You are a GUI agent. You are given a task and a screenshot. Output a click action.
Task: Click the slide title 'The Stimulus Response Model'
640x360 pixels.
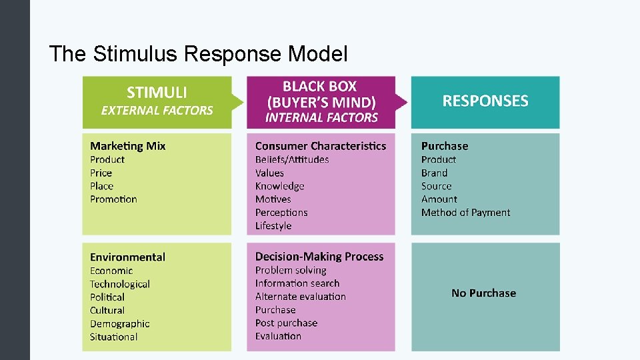pos(199,53)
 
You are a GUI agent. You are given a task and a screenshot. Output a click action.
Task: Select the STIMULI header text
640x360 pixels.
pos(157,93)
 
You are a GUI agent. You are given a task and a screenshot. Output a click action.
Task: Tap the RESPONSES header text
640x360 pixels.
pos(485,101)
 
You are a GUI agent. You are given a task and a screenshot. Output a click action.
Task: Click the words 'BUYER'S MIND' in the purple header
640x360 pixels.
pos(321,103)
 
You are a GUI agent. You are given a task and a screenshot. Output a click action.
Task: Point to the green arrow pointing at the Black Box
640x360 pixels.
pos(238,102)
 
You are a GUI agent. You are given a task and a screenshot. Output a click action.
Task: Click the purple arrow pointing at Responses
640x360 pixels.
pos(401,102)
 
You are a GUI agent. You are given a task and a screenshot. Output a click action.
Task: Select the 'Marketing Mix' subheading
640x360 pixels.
pos(127,146)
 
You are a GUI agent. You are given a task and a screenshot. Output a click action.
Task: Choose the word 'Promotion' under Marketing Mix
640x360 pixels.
pos(113,199)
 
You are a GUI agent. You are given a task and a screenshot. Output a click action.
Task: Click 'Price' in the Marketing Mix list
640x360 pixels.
pos(101,173)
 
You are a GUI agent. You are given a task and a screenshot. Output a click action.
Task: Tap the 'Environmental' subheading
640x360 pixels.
pos(127,257)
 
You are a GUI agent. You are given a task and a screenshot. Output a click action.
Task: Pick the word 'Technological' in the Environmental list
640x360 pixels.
pos(120,284)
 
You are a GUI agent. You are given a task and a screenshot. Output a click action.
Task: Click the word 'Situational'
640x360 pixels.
pos(113,337)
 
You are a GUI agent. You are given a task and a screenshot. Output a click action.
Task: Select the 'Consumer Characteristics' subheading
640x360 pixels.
pos(320,146)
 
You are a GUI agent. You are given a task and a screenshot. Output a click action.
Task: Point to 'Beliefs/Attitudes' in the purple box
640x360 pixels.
pos(291,159)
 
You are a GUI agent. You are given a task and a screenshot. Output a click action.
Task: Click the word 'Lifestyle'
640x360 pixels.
pos(273,226)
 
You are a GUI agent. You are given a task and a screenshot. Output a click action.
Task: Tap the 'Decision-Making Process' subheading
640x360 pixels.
pos(319,257)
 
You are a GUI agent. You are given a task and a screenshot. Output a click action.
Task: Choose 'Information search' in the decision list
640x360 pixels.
pos(297,283)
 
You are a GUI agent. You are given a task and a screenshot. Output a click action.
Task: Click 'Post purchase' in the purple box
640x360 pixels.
pos(286,323)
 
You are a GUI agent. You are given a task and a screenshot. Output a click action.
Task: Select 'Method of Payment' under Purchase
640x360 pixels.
pos(465,213)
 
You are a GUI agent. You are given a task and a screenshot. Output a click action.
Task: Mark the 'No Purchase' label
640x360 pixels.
pos(483,293)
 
